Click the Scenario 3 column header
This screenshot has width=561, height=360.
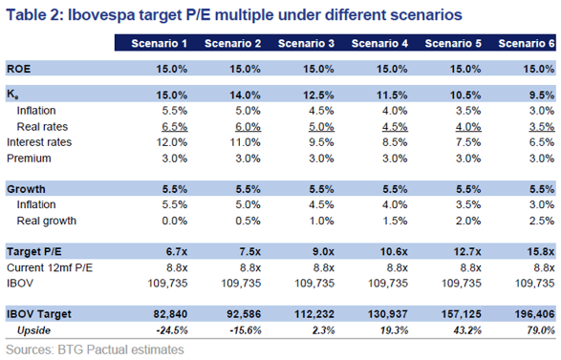click(x=306, y=43)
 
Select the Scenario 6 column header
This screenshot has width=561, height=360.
click(x=527, y=43)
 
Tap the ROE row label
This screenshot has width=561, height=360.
click(x=18, y=69)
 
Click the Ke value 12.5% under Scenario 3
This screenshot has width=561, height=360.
click(x=318, y=95)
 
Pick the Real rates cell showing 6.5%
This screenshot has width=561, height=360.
click(x=175, y=127)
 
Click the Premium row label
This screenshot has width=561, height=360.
click(x=29, y=158)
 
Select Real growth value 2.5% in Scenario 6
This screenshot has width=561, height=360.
click(x=542, y=221)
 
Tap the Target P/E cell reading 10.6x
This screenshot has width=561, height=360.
click(x=394, y=252)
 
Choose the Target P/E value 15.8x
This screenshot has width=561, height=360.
click(x=541, y=252)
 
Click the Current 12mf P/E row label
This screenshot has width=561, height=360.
click(x=50, y=267)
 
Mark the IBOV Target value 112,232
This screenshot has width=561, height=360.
click(x=314, y=314)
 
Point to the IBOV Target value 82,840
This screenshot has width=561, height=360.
click(x=170, y=314)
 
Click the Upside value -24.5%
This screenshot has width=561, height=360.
click(x=172, y=330)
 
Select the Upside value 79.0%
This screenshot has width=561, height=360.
click(x=541, y=330)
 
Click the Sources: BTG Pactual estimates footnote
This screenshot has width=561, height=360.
click(x=96, y=349)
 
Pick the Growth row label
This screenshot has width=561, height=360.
click(x=26, y=189)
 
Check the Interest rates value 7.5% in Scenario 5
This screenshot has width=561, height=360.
click(x=468, y=142)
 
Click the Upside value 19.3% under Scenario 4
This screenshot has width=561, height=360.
click(x=394, y=330)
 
